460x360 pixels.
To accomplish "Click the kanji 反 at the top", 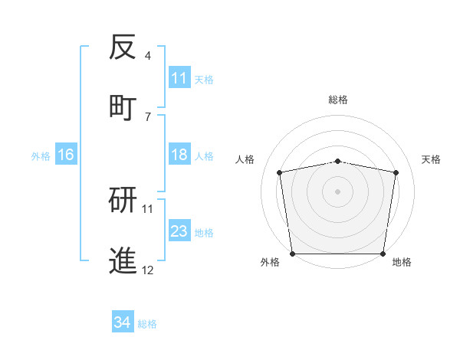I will coord(123,47).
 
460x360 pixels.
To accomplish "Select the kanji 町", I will coord(123,106).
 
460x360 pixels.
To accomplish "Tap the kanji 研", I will coord(123,201).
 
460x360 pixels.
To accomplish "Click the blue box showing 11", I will coord(179,79).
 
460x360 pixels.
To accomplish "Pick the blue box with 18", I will coord(179,155).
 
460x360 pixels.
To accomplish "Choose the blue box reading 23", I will coord(179,232).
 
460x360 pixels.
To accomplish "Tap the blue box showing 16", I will coord(66,155).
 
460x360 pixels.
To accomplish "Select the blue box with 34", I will coord(123,323).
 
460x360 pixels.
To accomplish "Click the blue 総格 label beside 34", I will coord(147,324).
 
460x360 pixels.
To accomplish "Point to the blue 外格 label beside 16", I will coord(41,156).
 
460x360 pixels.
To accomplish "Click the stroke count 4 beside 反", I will coord(148,56).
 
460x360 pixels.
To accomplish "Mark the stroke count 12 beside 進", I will coord(148,270).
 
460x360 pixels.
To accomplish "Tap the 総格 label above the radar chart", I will coord(338,100).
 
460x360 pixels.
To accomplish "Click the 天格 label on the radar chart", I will coord(432,159).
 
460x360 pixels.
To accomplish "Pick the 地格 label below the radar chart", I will coord(402,263).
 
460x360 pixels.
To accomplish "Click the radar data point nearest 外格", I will coord(292,254).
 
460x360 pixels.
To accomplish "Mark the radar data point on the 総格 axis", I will coord(338,161).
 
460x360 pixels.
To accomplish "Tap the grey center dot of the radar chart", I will coord(338,191).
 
